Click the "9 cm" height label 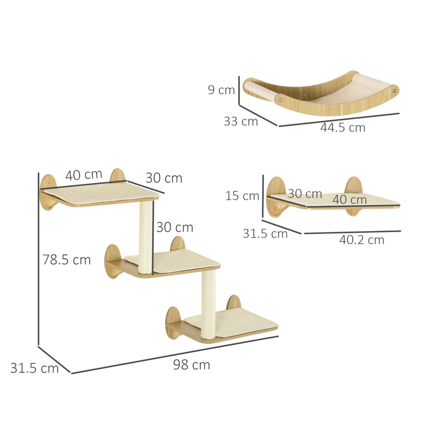pyautogui.click(x=221, y=90)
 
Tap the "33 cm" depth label pyautogui.click(x=241, y=121)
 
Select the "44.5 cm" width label pyautogui.click(x=342, y=128)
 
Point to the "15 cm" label pyautogui.click(x=242, y=196)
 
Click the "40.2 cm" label pyautogui.click(x=361, y=240)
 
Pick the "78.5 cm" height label pyautogui.click(x=67, y=260)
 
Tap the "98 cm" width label pyautogui.click(x=191, y=365)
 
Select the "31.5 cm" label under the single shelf pyautogui.click(x=265, y=234)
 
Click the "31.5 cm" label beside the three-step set pyautogui.click(x=34, y=368)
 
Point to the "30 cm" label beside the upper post pyautogui.click(x=174, y=227)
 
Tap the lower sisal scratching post pyautogui.click(x=208, y=304)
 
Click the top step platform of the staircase pyautogui.click(x=101, y=196)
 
